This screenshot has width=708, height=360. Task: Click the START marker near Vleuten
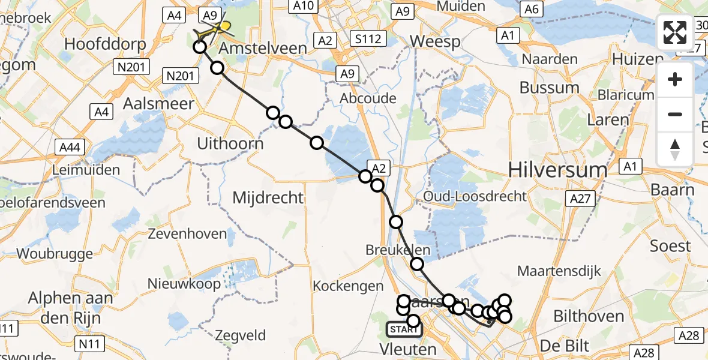404,329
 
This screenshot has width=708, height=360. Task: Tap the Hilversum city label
557,170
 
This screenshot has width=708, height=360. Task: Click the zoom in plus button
675,80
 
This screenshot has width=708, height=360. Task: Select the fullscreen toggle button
675,33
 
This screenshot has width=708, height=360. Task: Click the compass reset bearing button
675,149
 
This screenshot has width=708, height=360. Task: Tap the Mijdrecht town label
268,197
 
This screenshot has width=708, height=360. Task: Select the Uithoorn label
230,143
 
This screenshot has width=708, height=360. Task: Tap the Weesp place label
436,42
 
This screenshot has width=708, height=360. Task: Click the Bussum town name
549,88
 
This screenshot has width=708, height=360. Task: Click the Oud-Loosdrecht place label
475,196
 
